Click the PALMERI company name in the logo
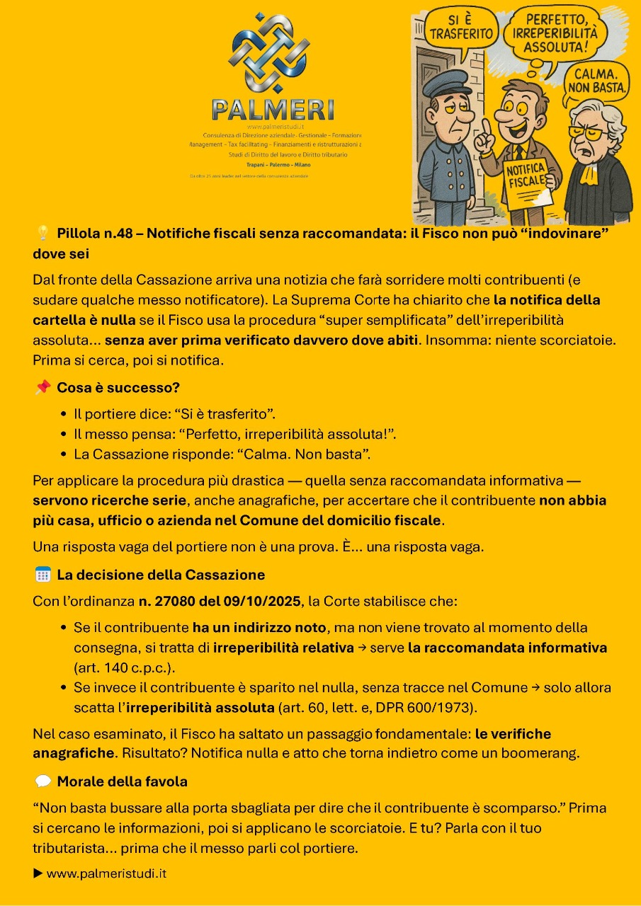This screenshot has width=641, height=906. tap(273, 109)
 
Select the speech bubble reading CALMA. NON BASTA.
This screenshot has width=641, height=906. tap(598, 80)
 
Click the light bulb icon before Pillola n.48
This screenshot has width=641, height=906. tap(42, 233)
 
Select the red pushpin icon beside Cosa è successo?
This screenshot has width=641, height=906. tap(42, 387)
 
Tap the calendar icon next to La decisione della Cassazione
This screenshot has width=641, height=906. tap(42, 575)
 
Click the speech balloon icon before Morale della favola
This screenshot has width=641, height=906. tap(42, 781)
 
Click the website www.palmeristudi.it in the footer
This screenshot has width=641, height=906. tap(106, 873)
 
